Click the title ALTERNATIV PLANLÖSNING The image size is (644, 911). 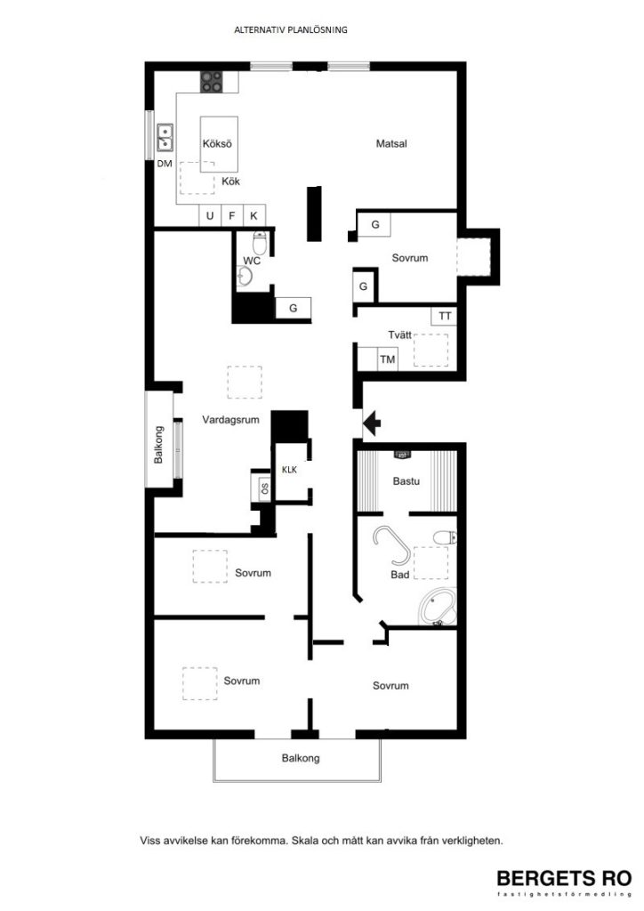(290, 29)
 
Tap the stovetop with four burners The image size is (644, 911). (213, 82)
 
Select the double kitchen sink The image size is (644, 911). (165, 138)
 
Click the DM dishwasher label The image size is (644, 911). (165, 164)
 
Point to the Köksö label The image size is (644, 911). (217, 143)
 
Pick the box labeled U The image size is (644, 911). (210, 215)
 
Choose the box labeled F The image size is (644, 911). (232, 215)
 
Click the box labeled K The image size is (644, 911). (254, 215)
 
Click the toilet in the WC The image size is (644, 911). (260, 242)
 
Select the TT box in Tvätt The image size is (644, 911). (445, 316)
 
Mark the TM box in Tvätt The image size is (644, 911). (388, 359)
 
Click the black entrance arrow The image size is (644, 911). (372, 422)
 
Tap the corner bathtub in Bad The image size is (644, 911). (437, 608)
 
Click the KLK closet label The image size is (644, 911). (289, 469)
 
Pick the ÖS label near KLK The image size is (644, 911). (264, 488)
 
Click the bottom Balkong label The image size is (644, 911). (300, 759)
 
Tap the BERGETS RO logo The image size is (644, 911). (563, 877)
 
